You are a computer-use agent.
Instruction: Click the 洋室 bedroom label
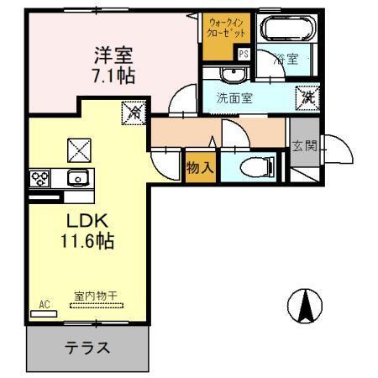pyautogui.click(x=114, y=57)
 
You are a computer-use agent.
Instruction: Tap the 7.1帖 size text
pyautogui.click(x=114, y=76)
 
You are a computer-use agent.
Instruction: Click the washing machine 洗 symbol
pyautogui.click(x=307, y=97)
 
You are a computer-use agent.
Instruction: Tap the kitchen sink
pyautogui.click(x=77, y=177)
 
